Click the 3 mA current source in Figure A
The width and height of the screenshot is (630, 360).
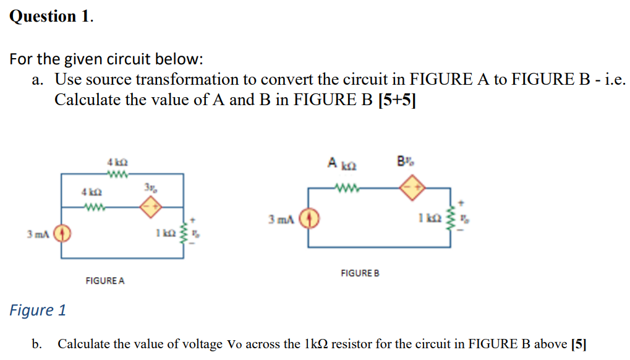(x=62, y=234)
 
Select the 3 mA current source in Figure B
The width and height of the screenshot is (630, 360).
(x=309, y=219)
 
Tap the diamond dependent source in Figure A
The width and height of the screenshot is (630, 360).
(x=149, y=208)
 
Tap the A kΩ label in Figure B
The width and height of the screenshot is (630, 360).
(x=341, y=165)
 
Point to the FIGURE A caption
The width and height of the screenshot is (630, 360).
(x=104, y=281)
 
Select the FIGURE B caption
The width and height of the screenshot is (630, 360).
(x=360, y=273)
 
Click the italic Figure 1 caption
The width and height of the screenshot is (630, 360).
(x=38, y=310)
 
